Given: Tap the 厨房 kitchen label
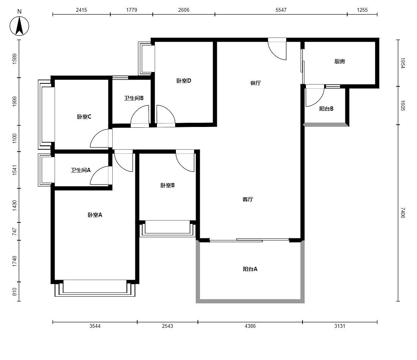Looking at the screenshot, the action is [x=340, y=61].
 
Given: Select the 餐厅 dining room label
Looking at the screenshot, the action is [x=255, y=83].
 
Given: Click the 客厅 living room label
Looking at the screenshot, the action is [x=248, y=199].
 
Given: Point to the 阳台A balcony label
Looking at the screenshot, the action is [x=250, y=269].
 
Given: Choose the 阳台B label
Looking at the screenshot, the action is [x=326, y=109].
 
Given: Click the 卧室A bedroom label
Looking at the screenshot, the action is [x=95, y=215].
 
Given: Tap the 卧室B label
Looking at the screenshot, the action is [x=168, y=185].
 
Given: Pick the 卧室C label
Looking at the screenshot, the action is [x=84, y=117].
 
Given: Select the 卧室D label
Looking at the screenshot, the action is [x=184, y=81].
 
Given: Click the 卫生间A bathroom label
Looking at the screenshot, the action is [x=81, y=170].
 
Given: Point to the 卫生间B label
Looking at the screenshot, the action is [x=134, y=98].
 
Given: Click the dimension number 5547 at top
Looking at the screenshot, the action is [x=281, y=10].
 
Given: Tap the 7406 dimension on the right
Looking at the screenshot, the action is [x=403, y=213].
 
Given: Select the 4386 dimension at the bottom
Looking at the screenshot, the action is [x=250, y=326].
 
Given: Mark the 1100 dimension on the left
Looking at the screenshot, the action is [x=14, y=138].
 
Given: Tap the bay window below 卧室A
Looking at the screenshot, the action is [x=95, y=288].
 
